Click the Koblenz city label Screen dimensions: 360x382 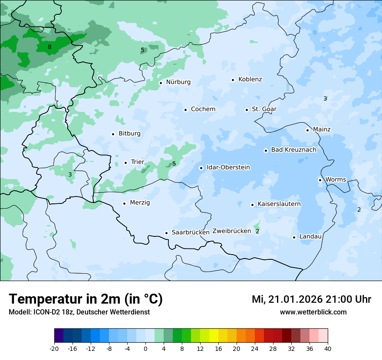coord(250,79)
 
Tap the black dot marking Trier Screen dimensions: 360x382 coord(126,163)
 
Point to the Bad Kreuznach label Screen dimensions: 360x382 coord(293,150)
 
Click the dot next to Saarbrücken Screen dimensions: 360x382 coord(166,233)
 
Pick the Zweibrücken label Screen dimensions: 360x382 coord(231,231)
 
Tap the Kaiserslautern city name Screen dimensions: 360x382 coord(279,204)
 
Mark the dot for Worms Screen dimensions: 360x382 coord(320,180)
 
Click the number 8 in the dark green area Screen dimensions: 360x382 coord(49,47)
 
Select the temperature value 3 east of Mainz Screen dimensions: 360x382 coord(325,99)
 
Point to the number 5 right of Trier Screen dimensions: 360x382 coord(174,164)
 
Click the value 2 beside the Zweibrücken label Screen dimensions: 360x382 coord(257,231)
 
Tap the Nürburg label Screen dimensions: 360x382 coord(178,82)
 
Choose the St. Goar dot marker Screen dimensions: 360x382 coord(247,110)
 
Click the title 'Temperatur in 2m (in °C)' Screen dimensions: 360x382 coord(86,299)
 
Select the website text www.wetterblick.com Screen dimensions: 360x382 coord(313,312)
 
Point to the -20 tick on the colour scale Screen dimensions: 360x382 coord(54,348)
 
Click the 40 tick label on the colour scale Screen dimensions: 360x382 coord(327,348)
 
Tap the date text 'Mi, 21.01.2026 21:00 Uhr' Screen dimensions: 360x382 coord(311,299)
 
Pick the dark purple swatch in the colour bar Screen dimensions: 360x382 coord(59,336)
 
